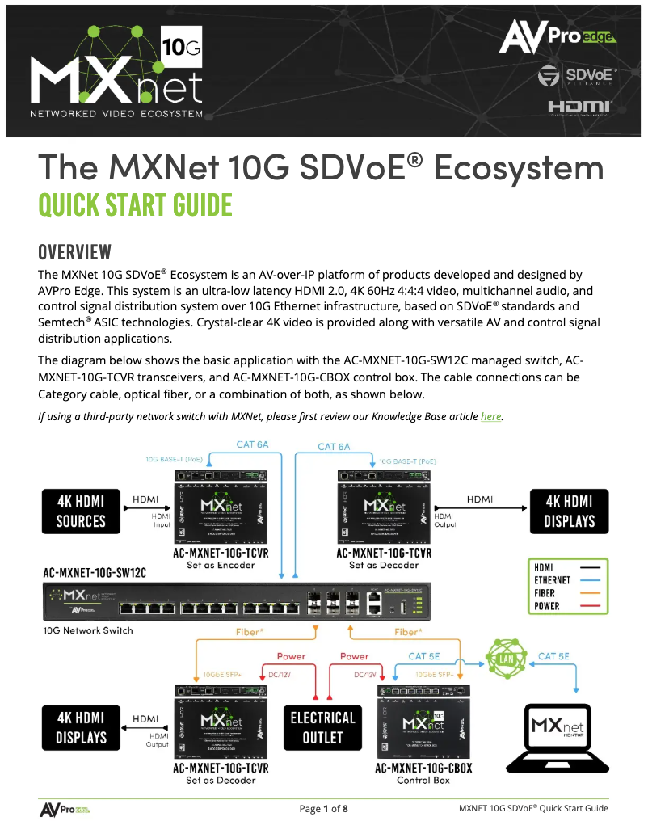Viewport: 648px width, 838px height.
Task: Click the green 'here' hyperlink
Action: click(490, 416)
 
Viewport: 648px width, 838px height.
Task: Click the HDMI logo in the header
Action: click(579, 107)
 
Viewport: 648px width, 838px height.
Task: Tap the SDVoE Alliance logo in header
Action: click(577, 75)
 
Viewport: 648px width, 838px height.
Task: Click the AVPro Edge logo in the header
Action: click(558, 36)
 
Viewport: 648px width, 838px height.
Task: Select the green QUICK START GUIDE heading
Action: click(135, 204)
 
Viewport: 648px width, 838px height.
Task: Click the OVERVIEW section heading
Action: click(74, 252)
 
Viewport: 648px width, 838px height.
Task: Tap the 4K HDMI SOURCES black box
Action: click(81, 511)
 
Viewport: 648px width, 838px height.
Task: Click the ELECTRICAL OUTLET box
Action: click(322, 727)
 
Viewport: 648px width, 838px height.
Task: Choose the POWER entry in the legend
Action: click(547, 606)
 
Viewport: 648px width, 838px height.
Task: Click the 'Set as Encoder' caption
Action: click(221, 565)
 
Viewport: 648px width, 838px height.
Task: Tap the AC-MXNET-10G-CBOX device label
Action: click(423, 769)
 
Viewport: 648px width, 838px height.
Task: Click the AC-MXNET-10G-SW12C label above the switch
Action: click(95, 573)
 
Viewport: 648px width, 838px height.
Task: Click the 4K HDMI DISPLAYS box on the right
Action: click(569, 511)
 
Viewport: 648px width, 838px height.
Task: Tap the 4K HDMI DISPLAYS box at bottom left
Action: click(81, 727)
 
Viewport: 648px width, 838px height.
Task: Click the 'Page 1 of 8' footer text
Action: click(323, 809)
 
